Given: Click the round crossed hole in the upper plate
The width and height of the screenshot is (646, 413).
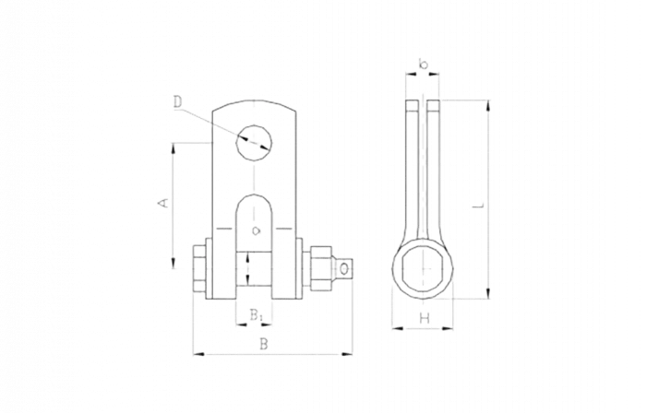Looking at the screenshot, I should coord(252,143).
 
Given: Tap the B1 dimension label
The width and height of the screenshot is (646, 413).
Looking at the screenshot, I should coord(258,317).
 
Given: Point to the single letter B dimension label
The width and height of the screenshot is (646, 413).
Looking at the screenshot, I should coord(264,343).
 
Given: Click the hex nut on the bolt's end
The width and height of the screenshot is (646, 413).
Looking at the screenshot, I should coord(341,268).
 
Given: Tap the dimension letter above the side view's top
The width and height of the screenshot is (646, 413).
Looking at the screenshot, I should coord(421,65).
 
